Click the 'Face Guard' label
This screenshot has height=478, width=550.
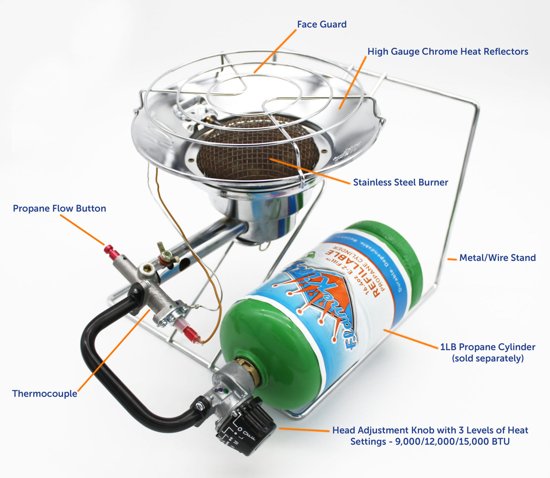322,25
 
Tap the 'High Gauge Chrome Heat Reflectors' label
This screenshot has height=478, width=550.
448,52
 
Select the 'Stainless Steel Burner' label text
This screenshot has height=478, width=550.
400,182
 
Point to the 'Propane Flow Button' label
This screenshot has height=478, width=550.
59,208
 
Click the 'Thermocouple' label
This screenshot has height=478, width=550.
45,394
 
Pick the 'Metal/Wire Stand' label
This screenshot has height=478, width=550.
498,258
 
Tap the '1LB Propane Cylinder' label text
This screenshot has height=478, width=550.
488,347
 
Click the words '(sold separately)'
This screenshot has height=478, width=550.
488,358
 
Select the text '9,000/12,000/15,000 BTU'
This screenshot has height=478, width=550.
452,442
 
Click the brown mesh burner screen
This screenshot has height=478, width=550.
257,154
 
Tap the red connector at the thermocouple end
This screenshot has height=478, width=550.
192,335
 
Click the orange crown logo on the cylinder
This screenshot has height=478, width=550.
323,301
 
